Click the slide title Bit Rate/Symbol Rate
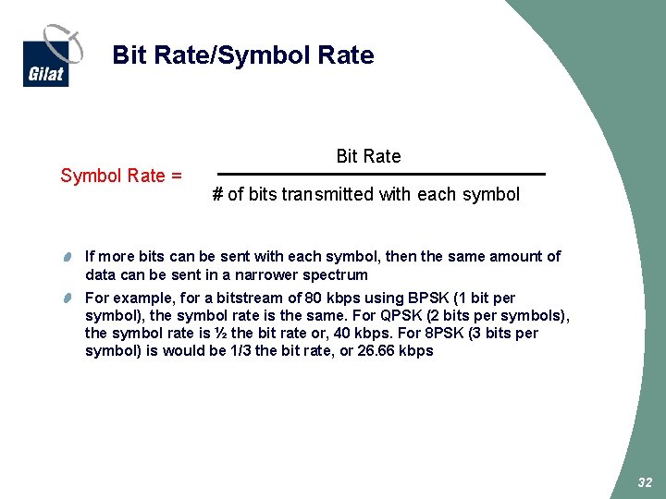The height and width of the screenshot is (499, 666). point(242,55)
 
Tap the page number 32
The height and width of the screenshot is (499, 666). point(645,483)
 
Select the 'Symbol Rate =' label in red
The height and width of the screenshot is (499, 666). point(121,176)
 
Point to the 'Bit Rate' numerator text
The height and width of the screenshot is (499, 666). point(368,156)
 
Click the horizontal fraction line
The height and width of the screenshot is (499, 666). point(380,174)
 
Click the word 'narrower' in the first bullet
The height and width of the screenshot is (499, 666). point(277,274)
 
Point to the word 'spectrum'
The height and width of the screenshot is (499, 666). point(339,274)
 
